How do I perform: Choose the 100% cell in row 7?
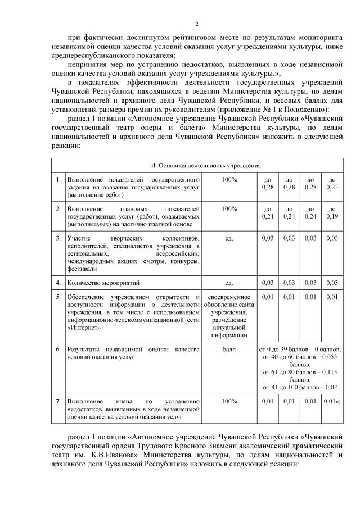click(229, 402)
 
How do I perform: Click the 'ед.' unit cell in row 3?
click(229, 238)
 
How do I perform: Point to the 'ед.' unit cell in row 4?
click(229, 282)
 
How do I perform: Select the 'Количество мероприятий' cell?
click(103, 282)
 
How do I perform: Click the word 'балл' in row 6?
click(229, 349)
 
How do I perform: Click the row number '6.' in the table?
click(58, 349)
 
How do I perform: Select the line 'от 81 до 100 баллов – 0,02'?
click(300, 387)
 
